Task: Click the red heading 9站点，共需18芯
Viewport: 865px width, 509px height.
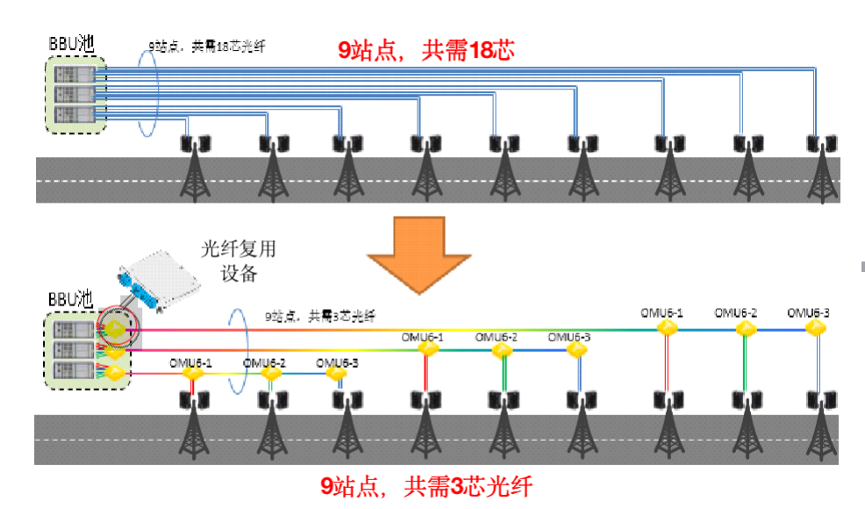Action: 425,50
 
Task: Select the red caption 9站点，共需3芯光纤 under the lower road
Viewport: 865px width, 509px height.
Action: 425,485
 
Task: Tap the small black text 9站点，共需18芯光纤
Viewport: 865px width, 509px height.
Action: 206,46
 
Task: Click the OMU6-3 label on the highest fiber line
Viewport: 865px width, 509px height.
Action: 808,312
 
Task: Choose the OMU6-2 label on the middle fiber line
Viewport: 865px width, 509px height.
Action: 497,337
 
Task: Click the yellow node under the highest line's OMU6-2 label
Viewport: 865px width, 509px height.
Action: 745,329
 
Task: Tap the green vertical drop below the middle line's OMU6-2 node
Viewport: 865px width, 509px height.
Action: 502,375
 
